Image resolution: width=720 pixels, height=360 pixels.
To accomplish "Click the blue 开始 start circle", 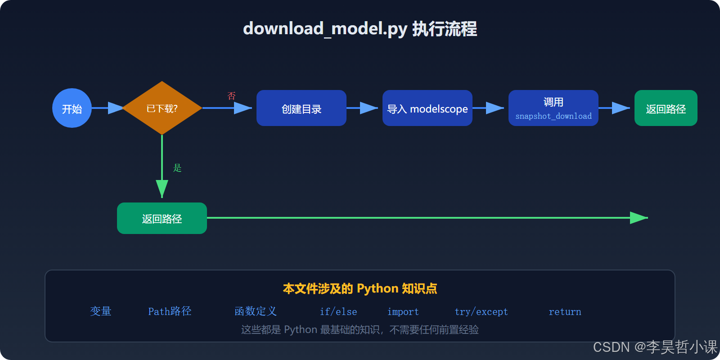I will click(72, 108).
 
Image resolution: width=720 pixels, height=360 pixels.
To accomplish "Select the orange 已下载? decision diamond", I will click(162, 108).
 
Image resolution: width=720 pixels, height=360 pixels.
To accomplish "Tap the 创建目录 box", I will click(301, 108).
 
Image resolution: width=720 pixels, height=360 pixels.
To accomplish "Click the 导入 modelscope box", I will click(427, 108).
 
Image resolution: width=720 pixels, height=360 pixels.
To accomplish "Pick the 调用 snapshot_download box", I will click(553, 108).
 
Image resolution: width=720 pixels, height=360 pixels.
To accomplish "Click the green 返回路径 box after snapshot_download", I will click(666, 108).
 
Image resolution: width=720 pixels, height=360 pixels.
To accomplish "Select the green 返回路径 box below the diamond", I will click(162, 218).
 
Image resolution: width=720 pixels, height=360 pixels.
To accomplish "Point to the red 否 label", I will click(231, 96).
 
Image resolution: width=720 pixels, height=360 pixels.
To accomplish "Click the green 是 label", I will click(177, 168).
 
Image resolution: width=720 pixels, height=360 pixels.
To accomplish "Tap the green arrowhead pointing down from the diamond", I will click(162, 188).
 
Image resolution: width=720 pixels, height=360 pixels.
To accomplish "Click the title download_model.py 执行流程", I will click(360, 29).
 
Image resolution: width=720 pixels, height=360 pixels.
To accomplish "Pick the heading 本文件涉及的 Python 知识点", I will click(360, 288).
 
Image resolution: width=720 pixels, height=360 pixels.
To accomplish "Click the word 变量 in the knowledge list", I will click(101, 311).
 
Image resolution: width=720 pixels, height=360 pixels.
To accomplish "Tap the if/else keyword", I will click(338, 312).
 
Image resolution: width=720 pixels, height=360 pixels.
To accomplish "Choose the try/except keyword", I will click(481, 312).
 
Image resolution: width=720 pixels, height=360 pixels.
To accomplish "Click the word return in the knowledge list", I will click(565, 312).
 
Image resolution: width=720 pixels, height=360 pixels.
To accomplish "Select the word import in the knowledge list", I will click(403, 312).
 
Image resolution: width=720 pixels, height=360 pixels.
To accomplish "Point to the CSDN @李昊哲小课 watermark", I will click(655, 347).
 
